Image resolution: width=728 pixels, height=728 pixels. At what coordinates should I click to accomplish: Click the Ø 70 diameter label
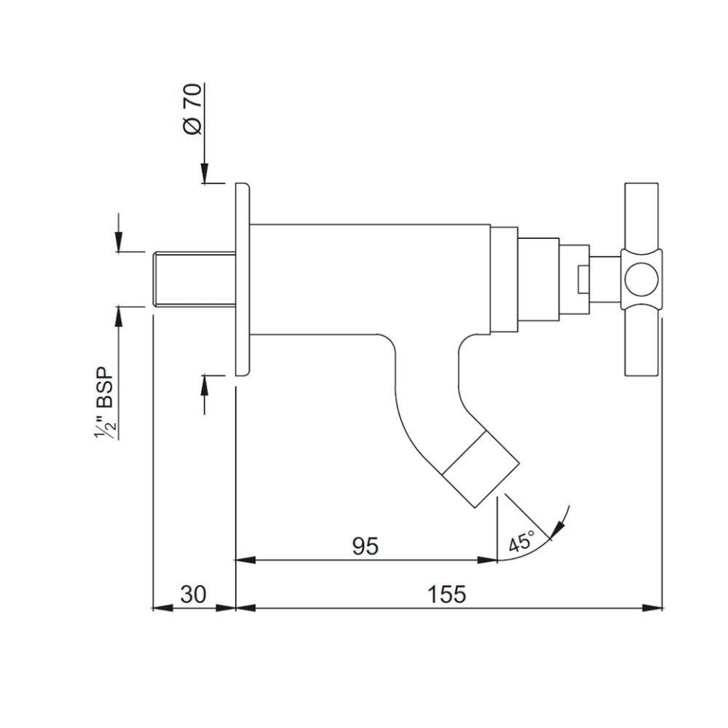click(x=193, y=110)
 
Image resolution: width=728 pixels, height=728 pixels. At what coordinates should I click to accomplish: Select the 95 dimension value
click(x=365, y=546)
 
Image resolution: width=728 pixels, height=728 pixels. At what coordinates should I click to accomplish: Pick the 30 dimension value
click(x=193, y=594)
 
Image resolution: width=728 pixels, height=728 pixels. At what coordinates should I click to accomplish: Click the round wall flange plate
click(x=243, y=279)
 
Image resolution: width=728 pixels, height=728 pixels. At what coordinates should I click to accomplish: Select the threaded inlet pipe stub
click(x=193, y=279)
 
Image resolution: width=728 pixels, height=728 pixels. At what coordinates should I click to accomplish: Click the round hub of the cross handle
click(x=641, y=279)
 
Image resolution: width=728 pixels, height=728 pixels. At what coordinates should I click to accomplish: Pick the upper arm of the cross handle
click(x=642, y=216)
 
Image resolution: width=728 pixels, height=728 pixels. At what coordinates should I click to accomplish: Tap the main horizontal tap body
click(x=364, y=279)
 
